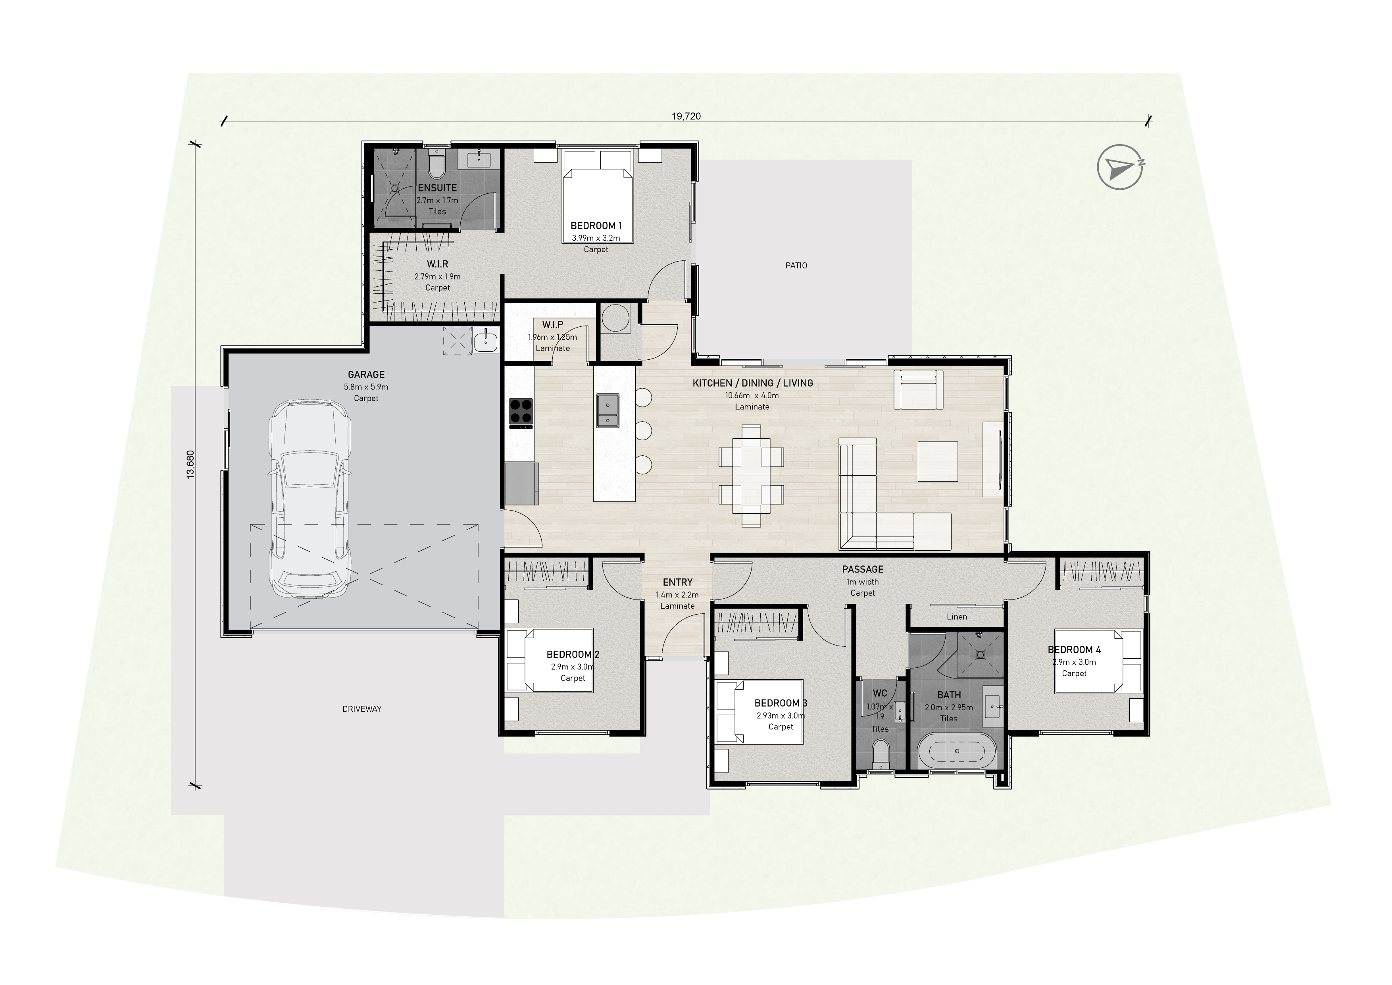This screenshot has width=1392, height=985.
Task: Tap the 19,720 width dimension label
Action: click(686, 116)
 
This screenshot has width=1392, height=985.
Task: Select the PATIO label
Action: click(796, 266)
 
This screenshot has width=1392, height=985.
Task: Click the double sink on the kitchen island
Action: click(608, 410)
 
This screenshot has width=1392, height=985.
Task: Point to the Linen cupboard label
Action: click(957, 617)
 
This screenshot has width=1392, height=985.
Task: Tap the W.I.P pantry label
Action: click(552, 325)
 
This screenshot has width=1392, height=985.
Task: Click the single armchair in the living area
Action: click(919, 389)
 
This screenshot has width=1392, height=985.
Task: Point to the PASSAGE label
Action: click(863, 570)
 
